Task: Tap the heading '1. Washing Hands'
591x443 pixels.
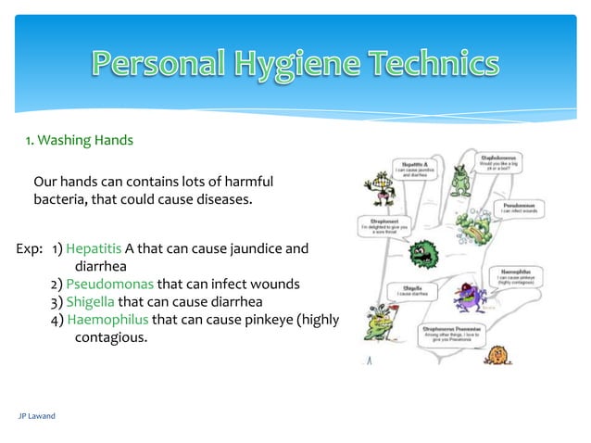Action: pos(79,141)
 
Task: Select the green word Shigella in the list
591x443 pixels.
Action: pos(90,302)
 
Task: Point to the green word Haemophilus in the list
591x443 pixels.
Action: pos(107,320)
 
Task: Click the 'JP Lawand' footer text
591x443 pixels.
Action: pos(37,416)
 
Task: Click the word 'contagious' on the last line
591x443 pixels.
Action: pos(109,337)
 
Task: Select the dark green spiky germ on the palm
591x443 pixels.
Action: pos(422,250)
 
